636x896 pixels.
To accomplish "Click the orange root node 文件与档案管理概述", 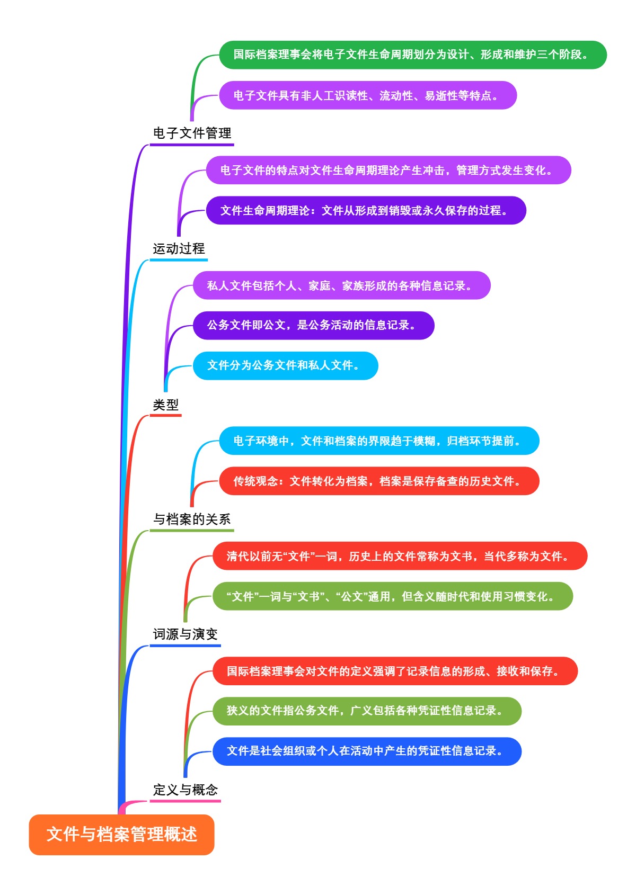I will point(121,835).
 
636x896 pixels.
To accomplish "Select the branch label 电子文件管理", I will point(192,133).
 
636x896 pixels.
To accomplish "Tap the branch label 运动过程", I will point(179,248).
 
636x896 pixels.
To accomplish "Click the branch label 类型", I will point(165,405).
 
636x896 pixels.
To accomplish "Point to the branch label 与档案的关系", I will point(192,519).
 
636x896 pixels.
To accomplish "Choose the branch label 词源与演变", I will point(185,634).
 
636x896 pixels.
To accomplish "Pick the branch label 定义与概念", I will point(185,790).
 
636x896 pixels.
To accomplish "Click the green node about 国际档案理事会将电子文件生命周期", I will point(412,55).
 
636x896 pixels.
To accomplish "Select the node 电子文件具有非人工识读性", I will point(367,95).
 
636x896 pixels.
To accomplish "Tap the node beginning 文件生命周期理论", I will point(366,210).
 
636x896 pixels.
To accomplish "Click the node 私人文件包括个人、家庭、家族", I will point(341,285).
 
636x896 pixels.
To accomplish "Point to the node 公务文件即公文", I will point(313,325).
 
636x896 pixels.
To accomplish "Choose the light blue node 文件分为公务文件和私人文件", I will point(285,365).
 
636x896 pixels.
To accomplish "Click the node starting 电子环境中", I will point(379,441).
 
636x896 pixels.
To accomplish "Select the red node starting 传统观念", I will point(379,481).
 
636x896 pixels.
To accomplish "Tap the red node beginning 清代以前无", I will point(400,556).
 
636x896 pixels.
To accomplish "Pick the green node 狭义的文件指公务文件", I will point(367,711).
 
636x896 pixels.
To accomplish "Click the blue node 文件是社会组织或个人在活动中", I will point(367,751).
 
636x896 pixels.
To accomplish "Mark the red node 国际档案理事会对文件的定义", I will point(395,671).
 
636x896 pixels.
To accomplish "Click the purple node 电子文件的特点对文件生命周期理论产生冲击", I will point(388,170).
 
